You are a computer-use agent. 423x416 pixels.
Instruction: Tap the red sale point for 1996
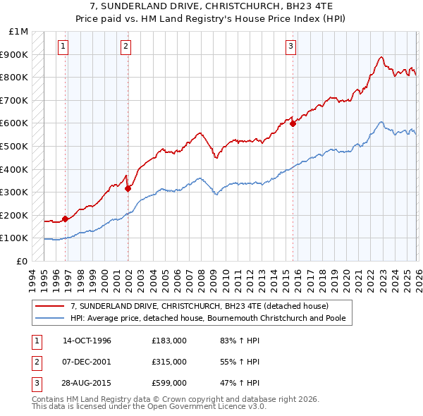click(x=65, y=219)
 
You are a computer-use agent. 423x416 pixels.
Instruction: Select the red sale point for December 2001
click(x=128, y=188)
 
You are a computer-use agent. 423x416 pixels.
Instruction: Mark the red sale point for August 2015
click(x=293, y=123)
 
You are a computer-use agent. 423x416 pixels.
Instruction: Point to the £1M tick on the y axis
click(x=19, y=32)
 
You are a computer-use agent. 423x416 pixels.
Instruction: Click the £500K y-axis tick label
click(x=15, y=146)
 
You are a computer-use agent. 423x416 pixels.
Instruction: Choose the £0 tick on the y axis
click(x=23, y=261)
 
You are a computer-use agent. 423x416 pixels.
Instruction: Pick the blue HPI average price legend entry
click(x=211, y=318)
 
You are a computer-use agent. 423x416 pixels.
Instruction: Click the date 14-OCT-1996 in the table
click(x=87, y=341)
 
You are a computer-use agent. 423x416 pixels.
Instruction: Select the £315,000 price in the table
click(x=168, y=362)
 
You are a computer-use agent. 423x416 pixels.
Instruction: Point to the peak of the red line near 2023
click(x=381, y=57)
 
